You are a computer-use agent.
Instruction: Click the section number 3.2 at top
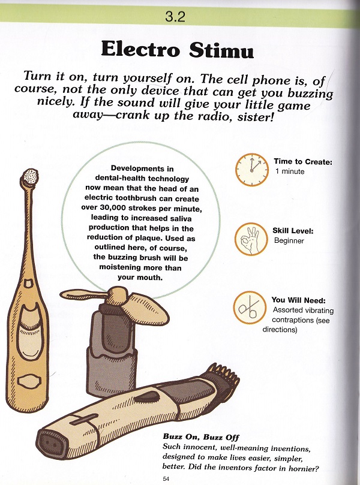pos(175,16)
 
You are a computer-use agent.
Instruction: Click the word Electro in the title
pos(140,50)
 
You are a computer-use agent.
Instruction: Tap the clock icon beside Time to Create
pos(252,170)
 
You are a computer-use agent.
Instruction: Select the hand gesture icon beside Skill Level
pos(251,239)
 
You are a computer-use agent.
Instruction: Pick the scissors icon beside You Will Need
pos(250,307)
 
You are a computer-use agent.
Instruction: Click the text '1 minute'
pos(290,171)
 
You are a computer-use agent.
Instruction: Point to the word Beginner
pos(289,240)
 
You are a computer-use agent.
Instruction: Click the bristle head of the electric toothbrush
pos(31,177)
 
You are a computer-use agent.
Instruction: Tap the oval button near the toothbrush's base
pos(29,381)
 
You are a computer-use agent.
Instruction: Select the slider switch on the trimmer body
pos(83,419)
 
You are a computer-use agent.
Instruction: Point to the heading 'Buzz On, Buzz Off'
pos(201,437)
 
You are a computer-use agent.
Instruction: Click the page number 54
pos(166,479)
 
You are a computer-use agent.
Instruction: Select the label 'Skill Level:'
pos(293,231)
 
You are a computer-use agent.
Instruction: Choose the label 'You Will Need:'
pos(298,300)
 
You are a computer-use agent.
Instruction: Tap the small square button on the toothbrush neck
pos(28,283)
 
